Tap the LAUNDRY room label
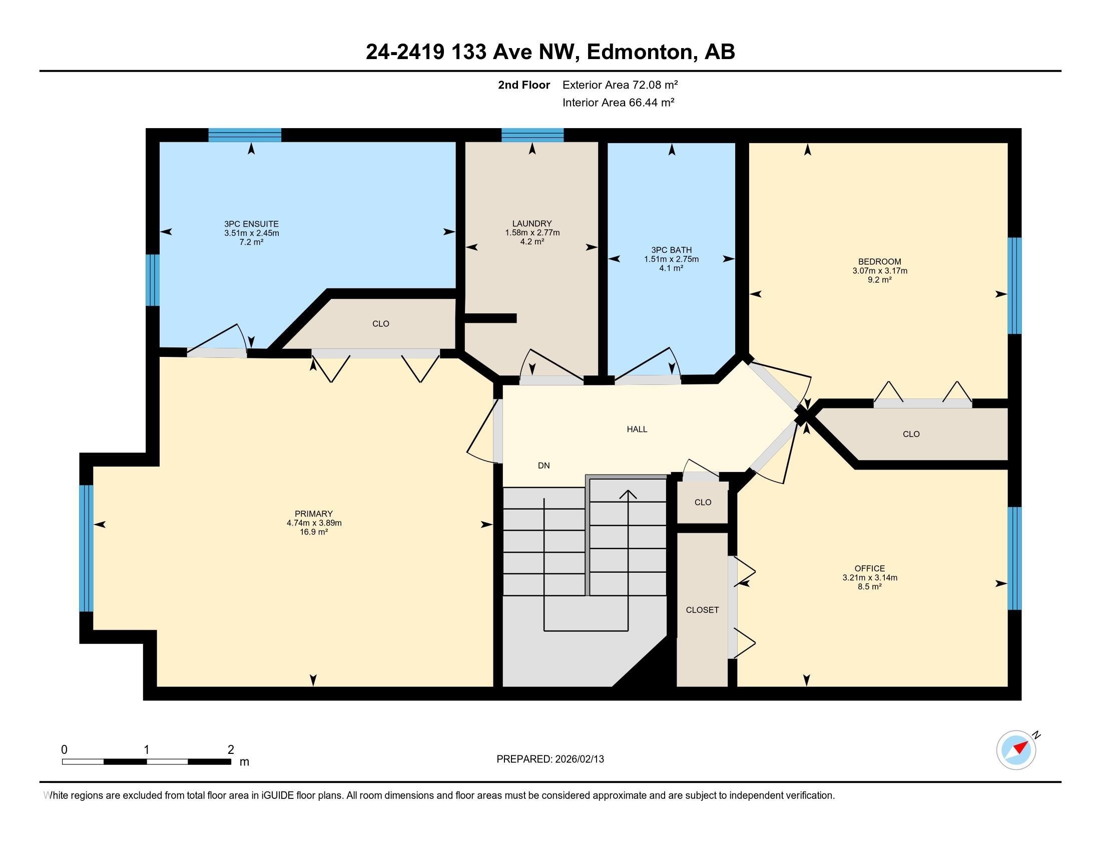(532, 223)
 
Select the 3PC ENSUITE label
(252, 224)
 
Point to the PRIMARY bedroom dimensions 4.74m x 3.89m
(314, 523)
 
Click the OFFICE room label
(870, 568)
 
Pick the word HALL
(637, 429)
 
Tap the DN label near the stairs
(543, 466)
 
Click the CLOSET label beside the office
(702, 610)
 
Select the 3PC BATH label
(671, 250)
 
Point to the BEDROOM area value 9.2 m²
(879, 279)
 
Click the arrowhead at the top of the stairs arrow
(628, 494)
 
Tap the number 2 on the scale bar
(231, 750)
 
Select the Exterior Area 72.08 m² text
(620, 85)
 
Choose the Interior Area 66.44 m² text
(619, 102)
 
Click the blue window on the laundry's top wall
(532, 135)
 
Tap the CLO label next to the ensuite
(381, 324)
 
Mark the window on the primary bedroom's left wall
(86, 548)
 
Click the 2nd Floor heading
(524, 85)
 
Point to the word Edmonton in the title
(641, 52)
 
